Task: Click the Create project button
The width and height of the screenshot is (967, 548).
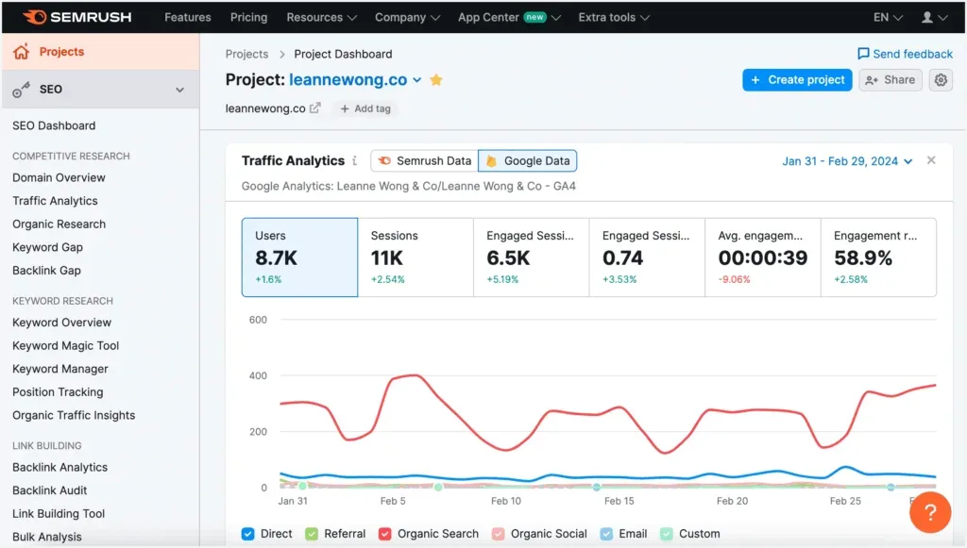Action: pos(797,80)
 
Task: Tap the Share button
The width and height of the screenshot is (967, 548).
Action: pos(890,80)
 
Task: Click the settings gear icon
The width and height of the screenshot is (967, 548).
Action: pos(941,80)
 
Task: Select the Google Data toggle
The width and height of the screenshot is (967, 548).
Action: pos(527,161)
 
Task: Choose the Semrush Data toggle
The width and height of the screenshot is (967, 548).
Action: pos(424,161)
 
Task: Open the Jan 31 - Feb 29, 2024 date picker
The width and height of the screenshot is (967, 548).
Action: pos(847,161)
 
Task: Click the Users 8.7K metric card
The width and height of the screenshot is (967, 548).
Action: pos(299,257)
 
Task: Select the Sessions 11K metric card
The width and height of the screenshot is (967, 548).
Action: pos(415,257)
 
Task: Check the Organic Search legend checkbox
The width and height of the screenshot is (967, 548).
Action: pos(385,534)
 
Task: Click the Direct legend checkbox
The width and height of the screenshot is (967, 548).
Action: pos(248,534)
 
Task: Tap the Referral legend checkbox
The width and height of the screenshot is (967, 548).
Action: pos(312,534)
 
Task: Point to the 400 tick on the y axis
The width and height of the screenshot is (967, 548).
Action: pos(257,375)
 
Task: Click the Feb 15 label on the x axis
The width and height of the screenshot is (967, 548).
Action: pos(619,501)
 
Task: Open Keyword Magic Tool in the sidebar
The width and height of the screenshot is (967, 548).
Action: pos(65,345)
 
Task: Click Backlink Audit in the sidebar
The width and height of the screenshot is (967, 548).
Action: pos(49,490)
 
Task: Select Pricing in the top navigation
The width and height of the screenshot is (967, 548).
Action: pos(248,17)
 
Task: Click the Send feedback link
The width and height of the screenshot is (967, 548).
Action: pos(905,54)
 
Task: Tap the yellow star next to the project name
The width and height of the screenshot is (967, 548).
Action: pos(436,80)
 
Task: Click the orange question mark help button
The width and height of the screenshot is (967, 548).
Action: pos(930,512)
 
